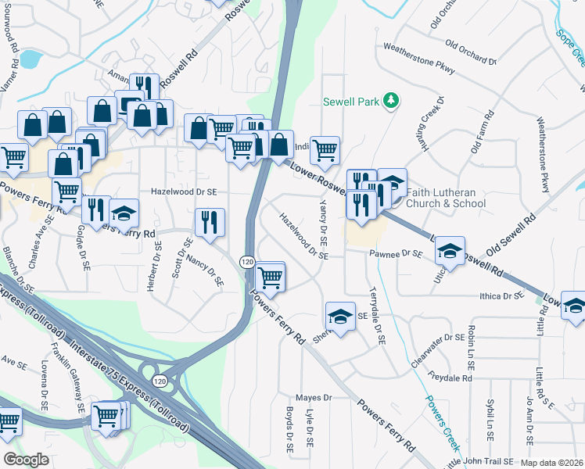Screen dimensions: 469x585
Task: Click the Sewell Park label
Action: (x=352, y=102)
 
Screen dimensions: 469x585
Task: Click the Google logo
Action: (x=26, y=460)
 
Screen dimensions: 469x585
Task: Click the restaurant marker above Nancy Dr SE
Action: (x=210, y=222)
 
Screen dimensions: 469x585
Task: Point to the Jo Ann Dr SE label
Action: (x=530, y=426)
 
